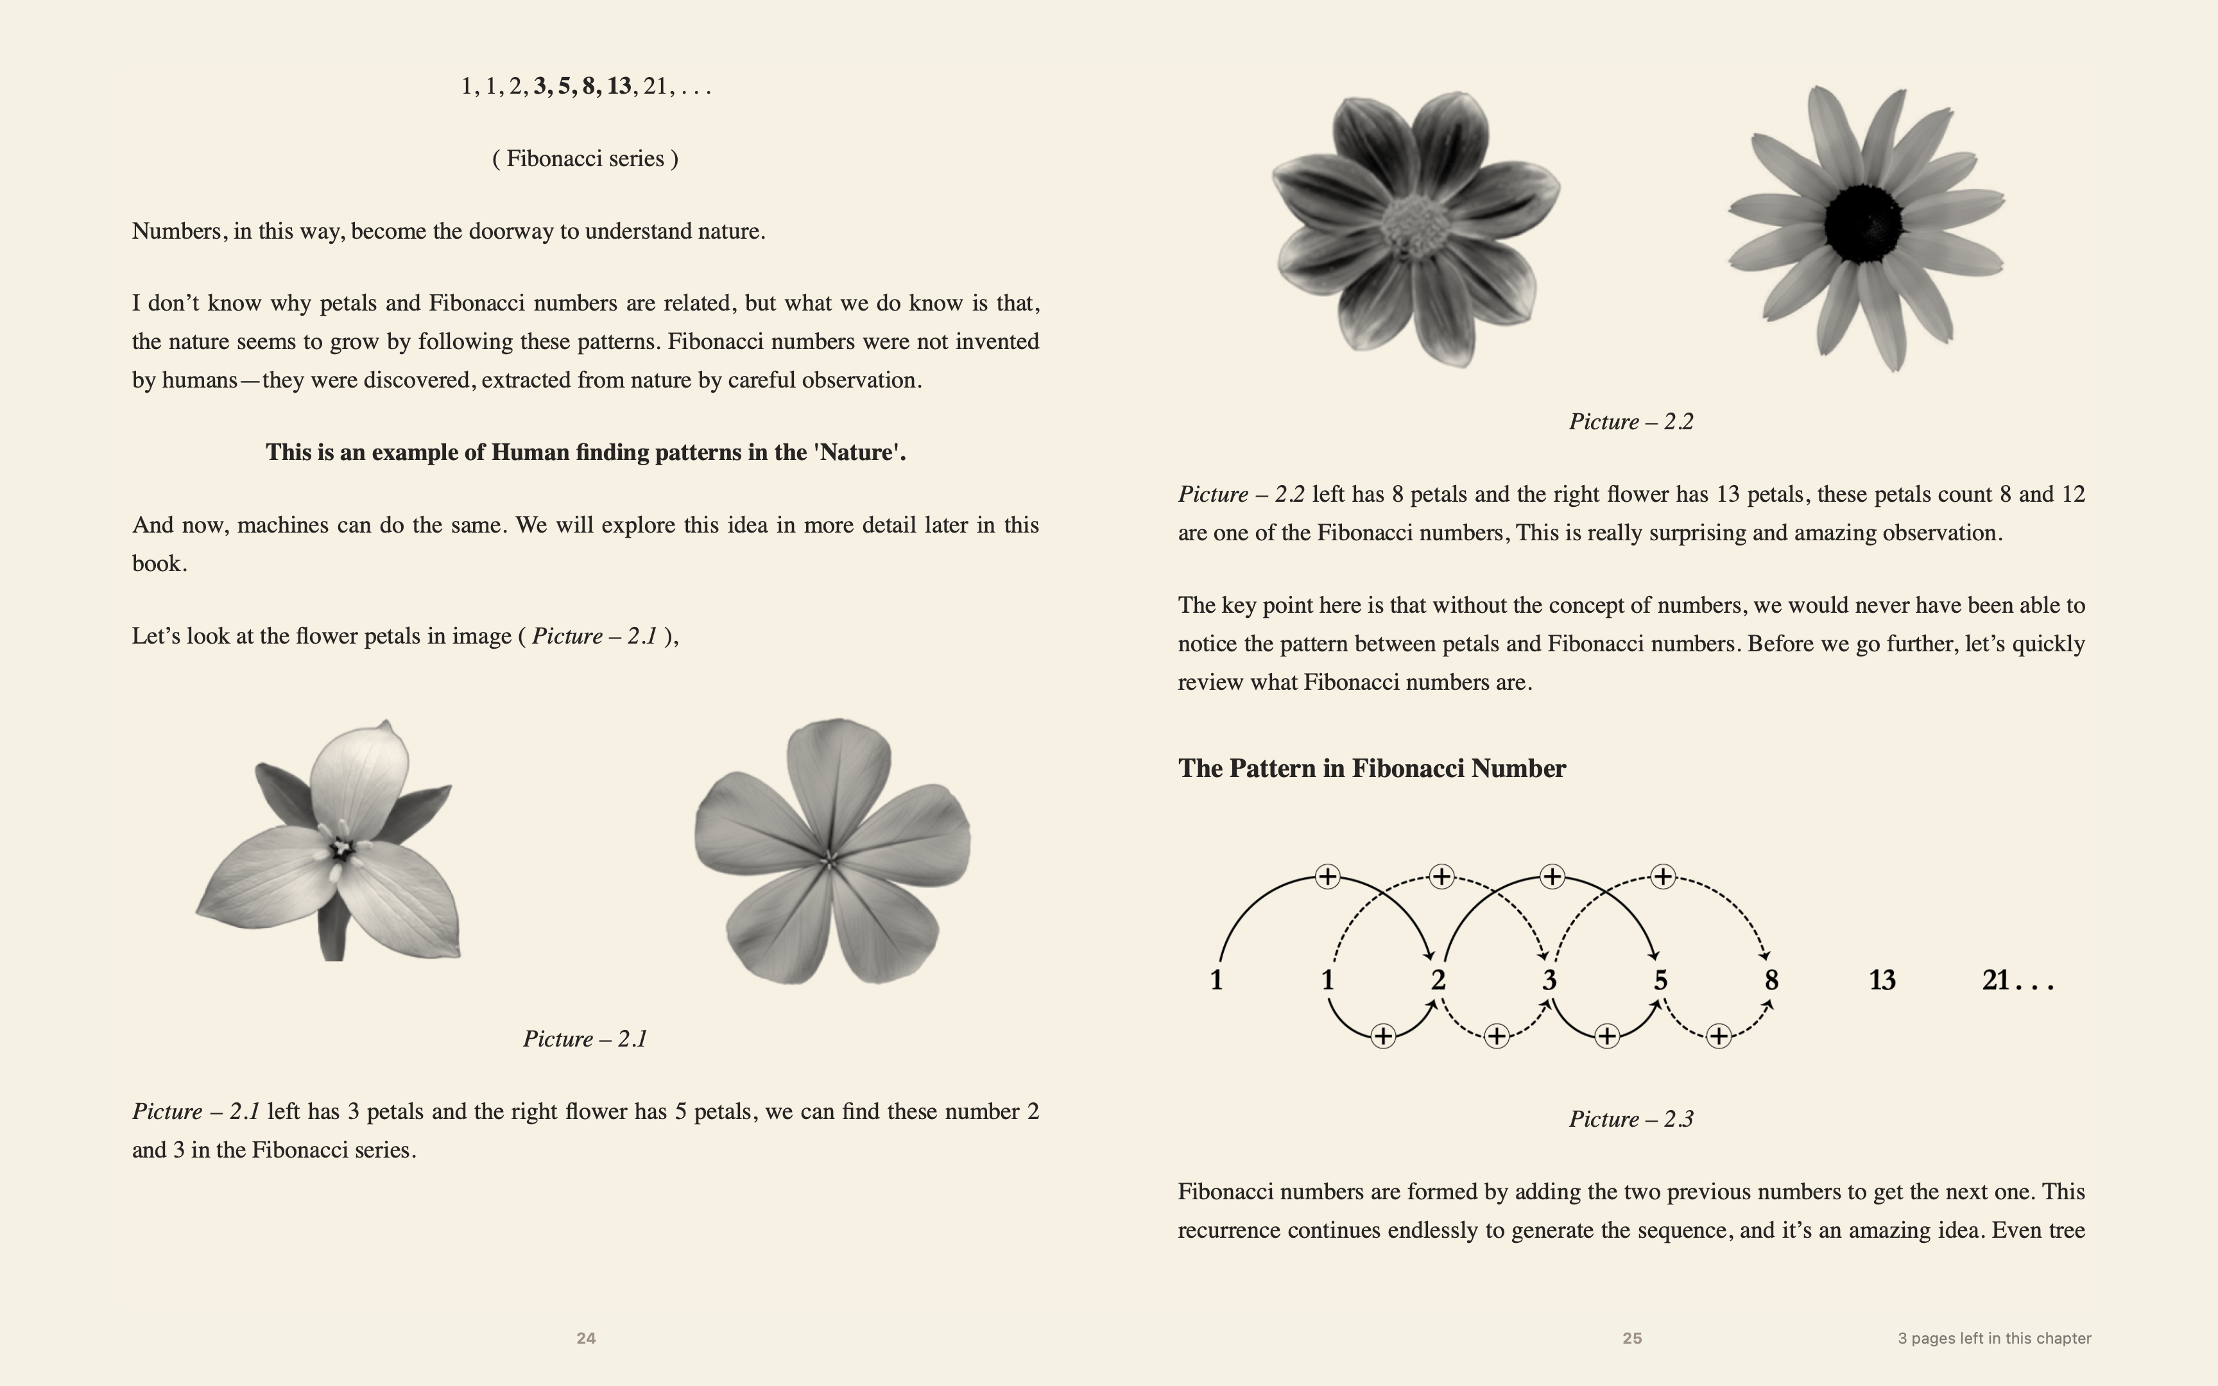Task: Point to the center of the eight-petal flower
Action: click(1415, 222)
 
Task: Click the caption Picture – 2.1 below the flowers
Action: click(585, 1039)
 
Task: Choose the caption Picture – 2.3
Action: click(1631, 1118)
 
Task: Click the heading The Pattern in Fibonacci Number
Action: click(1371, 768)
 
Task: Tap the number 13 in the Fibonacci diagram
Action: click(1882, 980)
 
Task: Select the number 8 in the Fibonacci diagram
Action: click(1771, 980)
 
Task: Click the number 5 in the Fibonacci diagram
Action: click(1660, 980)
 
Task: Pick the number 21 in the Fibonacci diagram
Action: click(1995, 980)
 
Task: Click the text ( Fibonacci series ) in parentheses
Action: click(585, 158)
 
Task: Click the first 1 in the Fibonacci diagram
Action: click(1216, 980)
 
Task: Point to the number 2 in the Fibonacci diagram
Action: click(1438, 980)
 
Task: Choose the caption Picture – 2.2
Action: click(1631, 422)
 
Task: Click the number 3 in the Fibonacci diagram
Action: click(1549, 980)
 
